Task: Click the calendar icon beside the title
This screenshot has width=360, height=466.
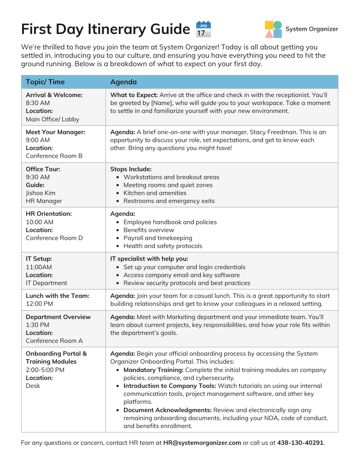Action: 203,29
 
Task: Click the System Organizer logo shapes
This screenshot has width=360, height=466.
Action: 273,29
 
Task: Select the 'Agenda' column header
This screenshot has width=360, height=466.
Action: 123,82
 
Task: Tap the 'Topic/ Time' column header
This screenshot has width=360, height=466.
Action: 45,82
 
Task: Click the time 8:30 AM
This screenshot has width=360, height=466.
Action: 37,103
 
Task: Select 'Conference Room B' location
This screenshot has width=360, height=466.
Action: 54,156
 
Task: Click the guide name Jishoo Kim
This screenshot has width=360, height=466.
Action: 41,193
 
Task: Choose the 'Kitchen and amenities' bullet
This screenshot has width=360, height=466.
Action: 155,193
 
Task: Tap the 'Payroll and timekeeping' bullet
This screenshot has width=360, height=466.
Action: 157,238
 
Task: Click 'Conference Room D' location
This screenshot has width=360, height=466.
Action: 54,238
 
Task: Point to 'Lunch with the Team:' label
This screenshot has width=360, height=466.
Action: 57,296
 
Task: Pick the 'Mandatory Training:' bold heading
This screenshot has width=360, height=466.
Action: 153,370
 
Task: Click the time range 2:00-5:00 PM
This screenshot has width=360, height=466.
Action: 45,370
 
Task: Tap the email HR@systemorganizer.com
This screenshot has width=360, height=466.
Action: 202,443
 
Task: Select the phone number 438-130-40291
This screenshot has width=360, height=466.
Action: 300,443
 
